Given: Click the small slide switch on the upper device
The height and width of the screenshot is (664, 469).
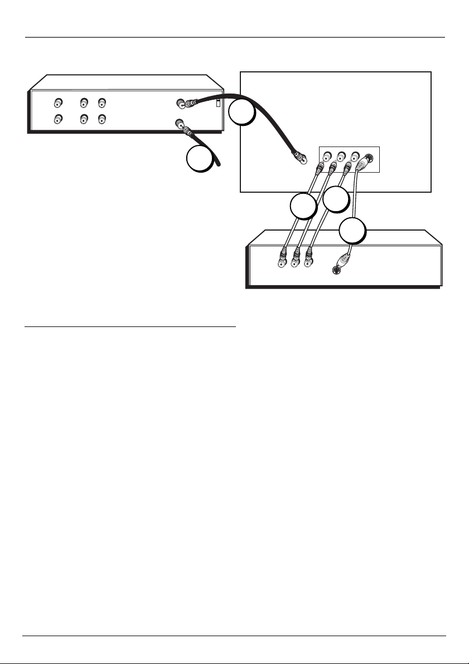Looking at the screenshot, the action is (219, 103).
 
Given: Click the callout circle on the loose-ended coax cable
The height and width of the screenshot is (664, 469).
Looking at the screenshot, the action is (200, 158).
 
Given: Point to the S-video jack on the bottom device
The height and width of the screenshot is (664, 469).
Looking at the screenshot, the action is (335, 271).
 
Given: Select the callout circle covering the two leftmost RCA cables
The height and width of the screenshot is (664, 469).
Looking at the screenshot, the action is (303, 207).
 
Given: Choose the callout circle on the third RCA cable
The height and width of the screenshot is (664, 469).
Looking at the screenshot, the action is (335, 199).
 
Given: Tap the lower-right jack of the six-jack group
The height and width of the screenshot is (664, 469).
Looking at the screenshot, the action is (102, 119).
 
